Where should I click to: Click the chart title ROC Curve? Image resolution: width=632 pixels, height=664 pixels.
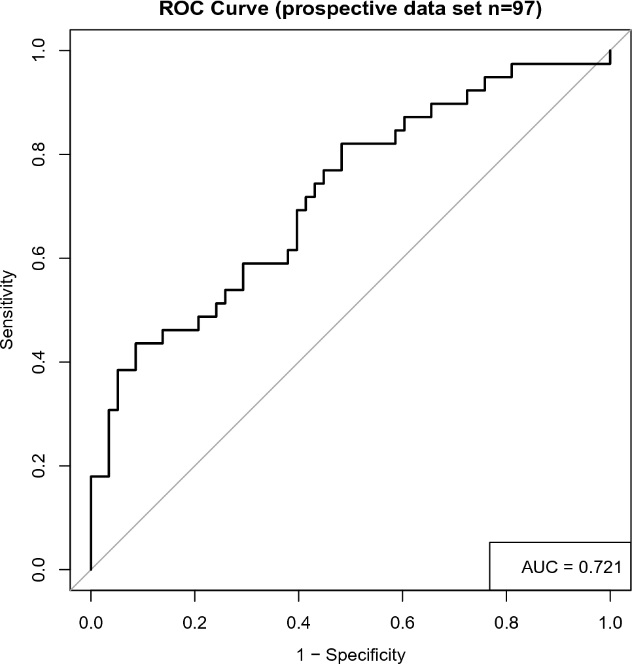click(350, 9)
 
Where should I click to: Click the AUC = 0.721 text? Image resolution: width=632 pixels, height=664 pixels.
click(567, 567)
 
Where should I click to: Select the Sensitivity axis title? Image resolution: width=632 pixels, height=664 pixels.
click(10, 311)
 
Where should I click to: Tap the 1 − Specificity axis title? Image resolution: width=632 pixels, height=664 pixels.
click(350, 654)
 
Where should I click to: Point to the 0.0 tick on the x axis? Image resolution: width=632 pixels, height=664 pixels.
click(91, 621)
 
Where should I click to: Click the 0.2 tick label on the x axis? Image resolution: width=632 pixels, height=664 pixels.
click(195, 621)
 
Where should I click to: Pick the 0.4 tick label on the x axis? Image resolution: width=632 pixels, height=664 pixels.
click(298, 621)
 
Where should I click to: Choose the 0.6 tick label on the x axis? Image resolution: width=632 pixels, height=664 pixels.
click(402, 621)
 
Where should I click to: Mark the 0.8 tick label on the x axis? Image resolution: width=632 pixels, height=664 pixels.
click(506, 621)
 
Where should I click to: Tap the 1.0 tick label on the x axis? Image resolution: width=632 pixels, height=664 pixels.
click(610, 621)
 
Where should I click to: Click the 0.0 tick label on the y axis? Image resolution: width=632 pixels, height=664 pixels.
click(41, 569)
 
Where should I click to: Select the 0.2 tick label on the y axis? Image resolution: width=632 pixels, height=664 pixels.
click(41, 466)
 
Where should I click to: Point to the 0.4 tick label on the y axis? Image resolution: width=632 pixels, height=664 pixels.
click(41, 362)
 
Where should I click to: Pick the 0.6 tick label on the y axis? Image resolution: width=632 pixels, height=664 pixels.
click(41, 258)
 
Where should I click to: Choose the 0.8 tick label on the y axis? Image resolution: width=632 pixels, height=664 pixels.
click(41, 154)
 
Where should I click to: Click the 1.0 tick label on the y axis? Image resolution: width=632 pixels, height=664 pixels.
click(41, 50)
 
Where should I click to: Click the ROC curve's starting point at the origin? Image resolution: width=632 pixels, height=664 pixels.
click(91, 569)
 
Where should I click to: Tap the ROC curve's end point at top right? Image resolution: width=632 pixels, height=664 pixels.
click(610, 50)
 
